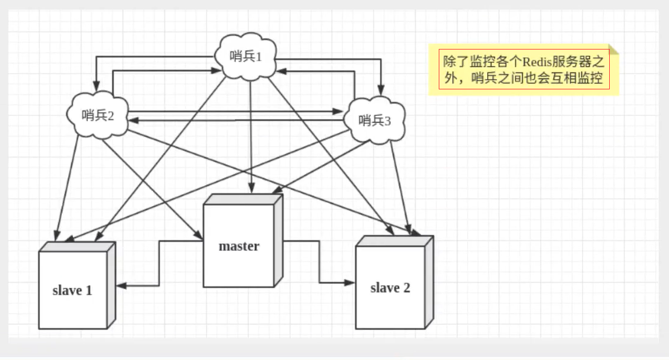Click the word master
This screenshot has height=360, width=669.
point(239,246)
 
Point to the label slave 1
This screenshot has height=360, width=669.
point(72,291)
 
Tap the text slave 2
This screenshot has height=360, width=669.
point(390,288)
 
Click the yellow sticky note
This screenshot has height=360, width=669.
point(523,70)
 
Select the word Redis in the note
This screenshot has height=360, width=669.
point(536,62)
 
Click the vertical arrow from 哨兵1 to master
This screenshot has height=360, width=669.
point(250,133)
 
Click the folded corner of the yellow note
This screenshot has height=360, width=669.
point(615,50)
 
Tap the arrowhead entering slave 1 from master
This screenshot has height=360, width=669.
point(120,285)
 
